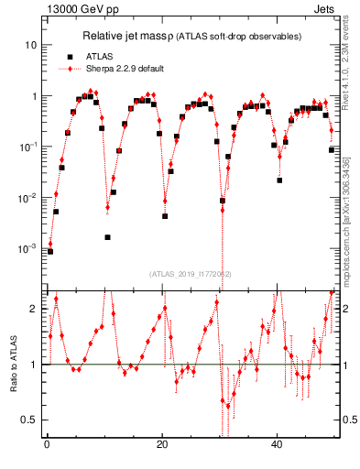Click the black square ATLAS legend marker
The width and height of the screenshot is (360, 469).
click(70, 56)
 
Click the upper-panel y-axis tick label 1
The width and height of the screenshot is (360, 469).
click(35, 96)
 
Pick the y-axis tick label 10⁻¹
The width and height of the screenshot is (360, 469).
click(31, 147)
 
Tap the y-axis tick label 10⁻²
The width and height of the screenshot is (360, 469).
click(31, 198)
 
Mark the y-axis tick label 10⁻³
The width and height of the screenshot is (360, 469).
click(31, 248)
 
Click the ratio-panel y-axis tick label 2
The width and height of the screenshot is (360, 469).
click(35, 309)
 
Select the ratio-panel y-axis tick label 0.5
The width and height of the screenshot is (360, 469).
click(31, 420)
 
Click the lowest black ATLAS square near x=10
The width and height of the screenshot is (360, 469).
click(108, 237)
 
